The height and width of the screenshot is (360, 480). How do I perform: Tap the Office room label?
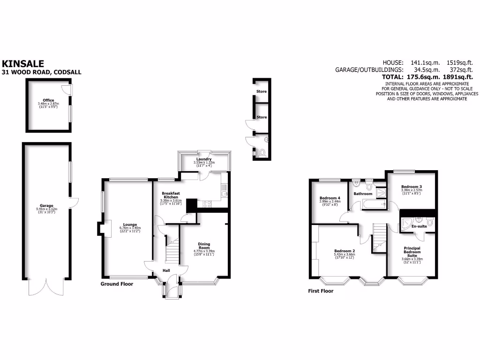[48, 100]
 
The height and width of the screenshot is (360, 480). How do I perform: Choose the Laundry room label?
[204, 159]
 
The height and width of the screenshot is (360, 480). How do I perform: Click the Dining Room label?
[204, 246]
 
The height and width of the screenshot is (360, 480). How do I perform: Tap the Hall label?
[166, 270]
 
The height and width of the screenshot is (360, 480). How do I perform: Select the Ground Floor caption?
[117, 284]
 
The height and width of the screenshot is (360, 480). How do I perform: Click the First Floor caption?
[321, 291]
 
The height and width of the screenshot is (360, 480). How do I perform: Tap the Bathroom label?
[363, 194]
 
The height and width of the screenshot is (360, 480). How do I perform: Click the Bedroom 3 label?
[411, 187]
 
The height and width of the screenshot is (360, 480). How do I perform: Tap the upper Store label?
[262, 91]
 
